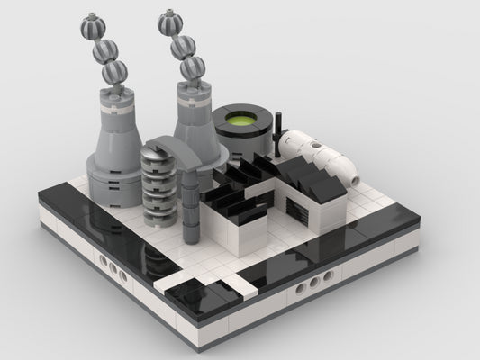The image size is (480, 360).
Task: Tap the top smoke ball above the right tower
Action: (171, 22)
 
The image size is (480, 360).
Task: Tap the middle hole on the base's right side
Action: (313, 283)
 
